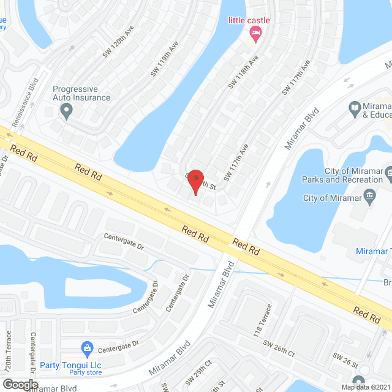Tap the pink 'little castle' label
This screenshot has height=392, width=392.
(249, 20)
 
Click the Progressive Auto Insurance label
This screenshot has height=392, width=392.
(81, 93)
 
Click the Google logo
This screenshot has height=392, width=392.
(20, 384)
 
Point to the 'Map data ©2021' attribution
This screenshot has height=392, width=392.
(365, 386)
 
